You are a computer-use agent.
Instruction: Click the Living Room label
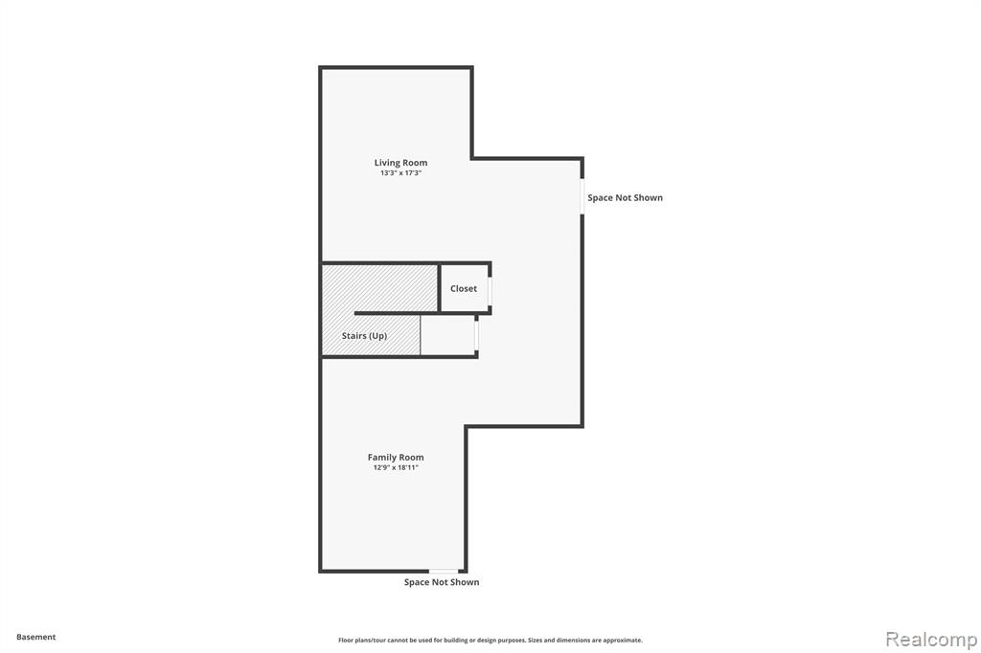click(x=400, y=163)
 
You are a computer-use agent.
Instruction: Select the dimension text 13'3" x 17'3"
click(x=400, y=173)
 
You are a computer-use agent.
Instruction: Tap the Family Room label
click(x=396, y=458)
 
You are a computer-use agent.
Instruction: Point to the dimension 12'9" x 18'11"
click(x=396, y=467)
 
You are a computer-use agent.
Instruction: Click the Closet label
click(x=464, y=288)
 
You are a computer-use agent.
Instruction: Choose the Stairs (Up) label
click(x=364, y=336)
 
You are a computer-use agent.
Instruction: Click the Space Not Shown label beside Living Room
click(x=625, y=197)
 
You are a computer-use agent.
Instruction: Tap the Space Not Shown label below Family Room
click(x=442, y=582)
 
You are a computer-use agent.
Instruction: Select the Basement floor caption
click(x=35, y=637)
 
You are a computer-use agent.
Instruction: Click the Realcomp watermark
click(x=931, y=640)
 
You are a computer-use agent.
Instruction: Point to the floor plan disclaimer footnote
click(x=490, y=640)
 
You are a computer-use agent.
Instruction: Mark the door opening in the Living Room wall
click(x=582, y=197)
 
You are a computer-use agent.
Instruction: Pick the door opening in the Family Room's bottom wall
click(x=444, y=571)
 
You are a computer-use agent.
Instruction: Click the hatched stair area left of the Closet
click(x=379, y=287)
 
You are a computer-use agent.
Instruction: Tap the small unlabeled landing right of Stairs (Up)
click(x=447, y=335)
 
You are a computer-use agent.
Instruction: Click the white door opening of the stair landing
click(x=477, y=336)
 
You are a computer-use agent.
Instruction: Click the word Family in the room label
click(x=381, y=458)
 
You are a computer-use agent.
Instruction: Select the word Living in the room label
click(x=388, y=163)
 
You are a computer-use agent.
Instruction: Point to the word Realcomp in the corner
click(x=931, y=640)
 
